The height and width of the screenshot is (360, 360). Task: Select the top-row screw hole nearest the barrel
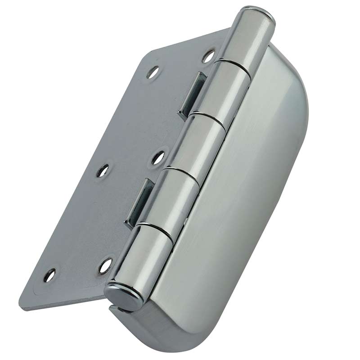[208, 56]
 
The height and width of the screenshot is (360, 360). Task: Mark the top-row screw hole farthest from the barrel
[153, 72]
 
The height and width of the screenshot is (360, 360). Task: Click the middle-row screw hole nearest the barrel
[157, 157]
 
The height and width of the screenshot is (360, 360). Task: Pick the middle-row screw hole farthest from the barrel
[103, 171]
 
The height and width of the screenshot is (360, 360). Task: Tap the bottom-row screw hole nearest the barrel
[105, 265]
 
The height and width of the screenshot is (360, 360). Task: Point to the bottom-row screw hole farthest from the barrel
[50, 274]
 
